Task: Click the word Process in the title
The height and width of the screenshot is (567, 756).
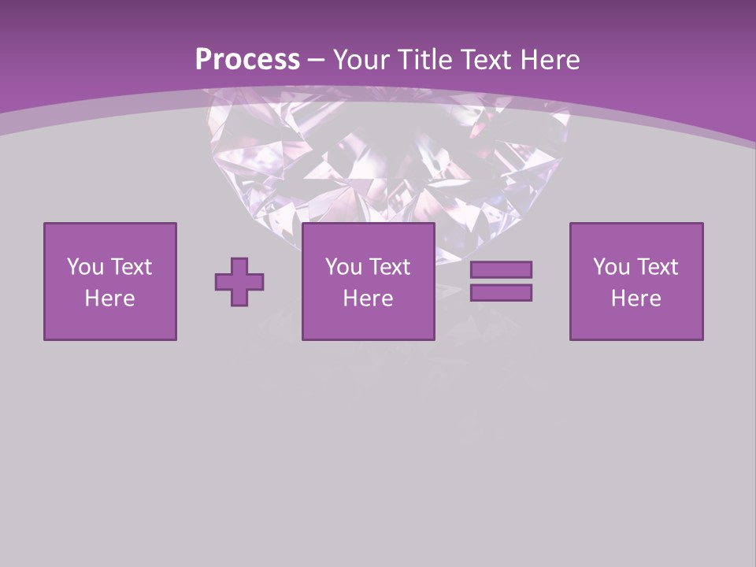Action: [x=247, y=60]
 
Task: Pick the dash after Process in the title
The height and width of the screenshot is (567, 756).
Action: [x=317, y=61]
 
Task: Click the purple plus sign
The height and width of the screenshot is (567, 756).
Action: [x=239, y=281]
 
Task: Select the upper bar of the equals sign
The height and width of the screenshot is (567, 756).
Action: [x=501, y=269]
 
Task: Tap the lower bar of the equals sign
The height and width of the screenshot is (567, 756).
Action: [x=501, y=292]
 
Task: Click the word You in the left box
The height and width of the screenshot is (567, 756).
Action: [x=85, y=267]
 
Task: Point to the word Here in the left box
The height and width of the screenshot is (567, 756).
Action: [x=109, y=298]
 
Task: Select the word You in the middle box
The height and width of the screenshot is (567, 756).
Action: [x=343, y=267]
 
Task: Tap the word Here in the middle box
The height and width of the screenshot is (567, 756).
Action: [x=368, y=298]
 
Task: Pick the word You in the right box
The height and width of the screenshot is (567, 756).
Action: [x=611, y=267]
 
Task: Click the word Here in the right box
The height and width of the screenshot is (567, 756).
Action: [x=636, y=298]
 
